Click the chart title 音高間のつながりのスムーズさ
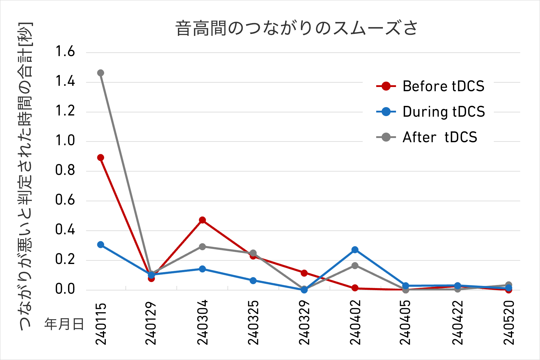click(296, 28)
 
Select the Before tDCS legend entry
click(431, 86)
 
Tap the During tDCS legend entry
click(431, 112)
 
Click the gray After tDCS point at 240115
click(101, 73)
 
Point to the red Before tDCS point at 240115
click(101, 157)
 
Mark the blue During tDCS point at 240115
click(101, 245)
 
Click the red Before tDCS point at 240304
click(202, 220)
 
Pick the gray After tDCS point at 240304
click(202, 247)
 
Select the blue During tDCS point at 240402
click(355, 250)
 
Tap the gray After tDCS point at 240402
click(355, 265)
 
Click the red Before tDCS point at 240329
click(304, 273)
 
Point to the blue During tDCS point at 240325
click(253, 280)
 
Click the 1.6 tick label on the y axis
click(65, 52)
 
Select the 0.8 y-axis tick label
click(65, 170)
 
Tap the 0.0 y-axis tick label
click(65, 289)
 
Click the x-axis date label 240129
click(151, 323)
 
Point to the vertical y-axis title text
click(26, 177)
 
